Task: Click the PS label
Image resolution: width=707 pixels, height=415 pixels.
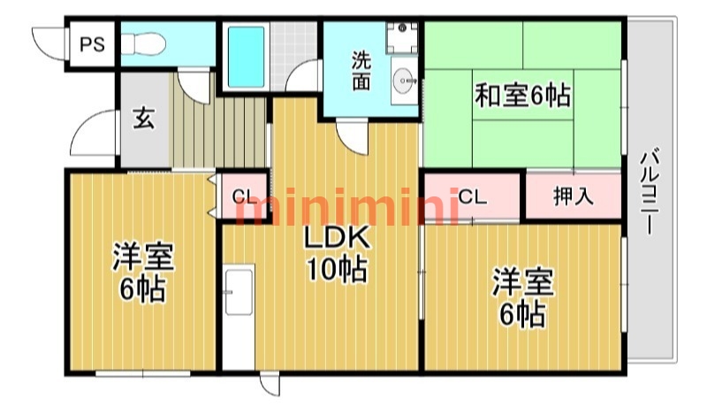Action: (93, 44)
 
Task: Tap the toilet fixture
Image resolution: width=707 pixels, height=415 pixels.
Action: (143, 44)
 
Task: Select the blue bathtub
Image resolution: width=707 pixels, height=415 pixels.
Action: (246, 57)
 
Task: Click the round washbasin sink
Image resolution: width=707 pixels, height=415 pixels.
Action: (405, 81)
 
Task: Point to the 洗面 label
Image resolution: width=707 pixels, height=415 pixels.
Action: (361, 71)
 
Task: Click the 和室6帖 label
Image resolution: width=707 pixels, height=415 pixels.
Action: (522, 96)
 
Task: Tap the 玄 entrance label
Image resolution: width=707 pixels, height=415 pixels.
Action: (144, 118)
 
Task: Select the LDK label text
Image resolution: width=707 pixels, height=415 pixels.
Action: (337, 238)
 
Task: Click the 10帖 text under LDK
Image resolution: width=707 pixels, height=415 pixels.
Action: (337, 270)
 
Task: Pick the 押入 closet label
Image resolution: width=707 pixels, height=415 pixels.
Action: (573, 196)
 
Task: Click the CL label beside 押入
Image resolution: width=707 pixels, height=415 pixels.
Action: (473, 197)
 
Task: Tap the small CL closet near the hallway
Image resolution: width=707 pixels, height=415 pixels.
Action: (244, 196)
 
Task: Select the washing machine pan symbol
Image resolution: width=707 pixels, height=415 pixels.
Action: (402, 38)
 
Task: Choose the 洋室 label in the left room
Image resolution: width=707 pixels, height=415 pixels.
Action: (143, 257)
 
